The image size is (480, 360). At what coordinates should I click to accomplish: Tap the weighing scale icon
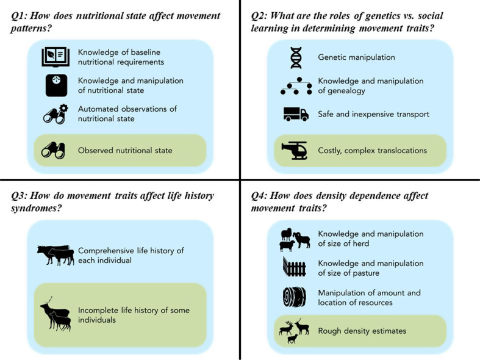pyautogui.click(x=56, y=85)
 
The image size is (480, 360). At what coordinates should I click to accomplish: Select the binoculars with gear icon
pyautogui.click(x=55, y=114)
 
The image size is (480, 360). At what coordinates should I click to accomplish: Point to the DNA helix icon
pyautogui.click(x=296, y=57)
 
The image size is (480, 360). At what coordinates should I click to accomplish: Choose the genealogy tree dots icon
pyautogui.click(x=296, y=86)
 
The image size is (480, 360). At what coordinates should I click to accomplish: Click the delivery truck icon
pyautogui.click(x=296, y=114)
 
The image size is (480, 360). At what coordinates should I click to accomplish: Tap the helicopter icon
pyautogui.click(x=296, y=150)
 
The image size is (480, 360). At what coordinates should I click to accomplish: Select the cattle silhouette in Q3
pyautogui.click(x=56, y=254)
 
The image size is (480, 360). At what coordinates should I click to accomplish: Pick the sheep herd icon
pyautogui.click(x=294, y=239)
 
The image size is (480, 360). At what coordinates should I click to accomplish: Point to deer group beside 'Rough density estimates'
pyautogui.click(x=294, y=331)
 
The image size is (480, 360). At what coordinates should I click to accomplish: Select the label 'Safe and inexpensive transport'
pyautogui.click(x=373, y=114)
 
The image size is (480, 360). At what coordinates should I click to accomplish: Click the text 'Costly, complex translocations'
pyautogui.click(x=372, y=150)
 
